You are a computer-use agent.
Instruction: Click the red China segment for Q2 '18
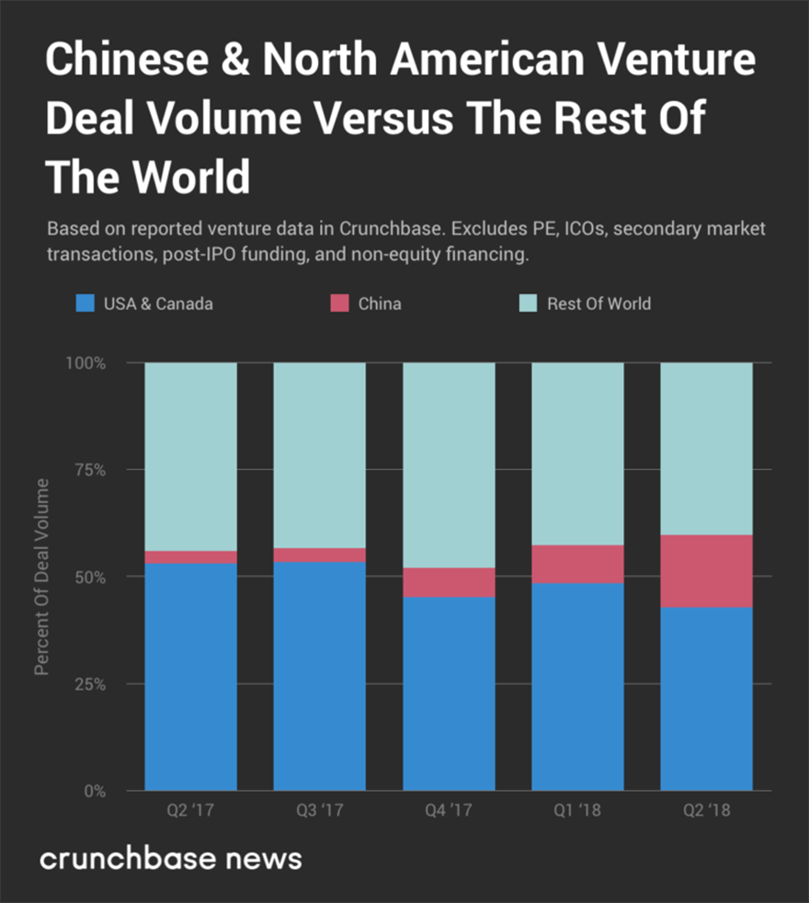[706, 571]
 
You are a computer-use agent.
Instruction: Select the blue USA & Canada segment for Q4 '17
[449, 693]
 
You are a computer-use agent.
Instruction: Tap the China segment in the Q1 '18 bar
[577, 564]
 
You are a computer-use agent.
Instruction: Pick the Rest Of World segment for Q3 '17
[319, 455]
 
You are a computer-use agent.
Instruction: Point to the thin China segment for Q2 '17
[190, 557]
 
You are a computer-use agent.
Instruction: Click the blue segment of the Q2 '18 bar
[706, 699]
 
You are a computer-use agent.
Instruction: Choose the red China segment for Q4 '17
[449, 582]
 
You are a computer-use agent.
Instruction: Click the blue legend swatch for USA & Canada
[85, 303]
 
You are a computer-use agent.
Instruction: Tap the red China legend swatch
[340, 303]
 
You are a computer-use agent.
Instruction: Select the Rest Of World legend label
[598, 303]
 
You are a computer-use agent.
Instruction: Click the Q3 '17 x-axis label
[319, 812]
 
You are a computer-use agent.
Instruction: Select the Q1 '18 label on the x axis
[577, 812]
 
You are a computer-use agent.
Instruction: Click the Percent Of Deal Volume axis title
[42, 577]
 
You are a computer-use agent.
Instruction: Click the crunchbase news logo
[170, 859]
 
